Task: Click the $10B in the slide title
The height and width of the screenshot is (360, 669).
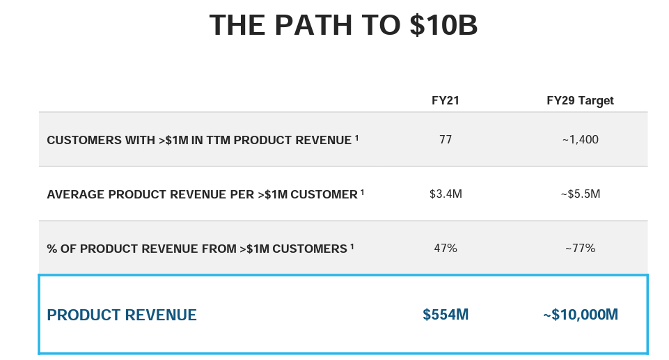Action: (x=443, y=26)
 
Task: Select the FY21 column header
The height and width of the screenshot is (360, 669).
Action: (x=446, y=101)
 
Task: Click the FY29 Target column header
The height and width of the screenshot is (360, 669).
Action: (x=580, y=101)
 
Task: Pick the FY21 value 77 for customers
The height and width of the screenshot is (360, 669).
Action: (x=446, y=140)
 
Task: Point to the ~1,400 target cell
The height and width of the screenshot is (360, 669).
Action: (x=580, y=140)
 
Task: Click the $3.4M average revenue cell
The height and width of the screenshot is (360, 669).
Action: (x=446, y=194)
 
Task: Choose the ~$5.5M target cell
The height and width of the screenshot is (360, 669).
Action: (x=580, y=194)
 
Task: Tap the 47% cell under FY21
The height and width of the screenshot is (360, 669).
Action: (x=446, y=249)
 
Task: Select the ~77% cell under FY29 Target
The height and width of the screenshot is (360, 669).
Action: (x=580, y=249)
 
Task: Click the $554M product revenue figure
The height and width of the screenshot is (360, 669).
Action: (x=446, y=315)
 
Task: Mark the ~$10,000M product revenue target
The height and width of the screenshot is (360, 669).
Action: (x=580, y=315)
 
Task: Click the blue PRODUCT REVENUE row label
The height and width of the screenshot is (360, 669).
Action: (x=122, y=315)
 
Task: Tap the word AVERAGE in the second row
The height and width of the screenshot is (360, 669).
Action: (x=74, y=195)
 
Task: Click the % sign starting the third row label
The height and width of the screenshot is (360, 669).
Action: (x=52, y=249)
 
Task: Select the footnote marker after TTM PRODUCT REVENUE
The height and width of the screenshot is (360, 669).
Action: (x=356, y=138)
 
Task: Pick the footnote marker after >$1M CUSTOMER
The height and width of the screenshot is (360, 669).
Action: (x=363, y=192)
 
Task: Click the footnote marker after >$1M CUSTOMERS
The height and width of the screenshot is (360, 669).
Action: (x=352, y=246)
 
